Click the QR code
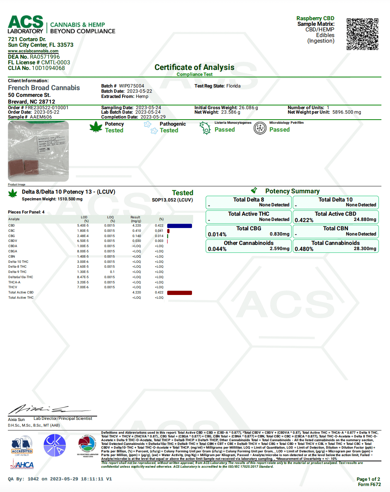click(x=362, y=34)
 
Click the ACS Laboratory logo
click(x=25, y=25)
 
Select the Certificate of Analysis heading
click(x=194, y=67)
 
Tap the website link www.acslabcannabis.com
click(x=33, y=51)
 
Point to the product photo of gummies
click(x=38, y=151)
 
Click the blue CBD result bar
click(x=179, y=226)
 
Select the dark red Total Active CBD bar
click(x=179, y=293)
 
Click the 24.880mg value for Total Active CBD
click(x=365, y=219)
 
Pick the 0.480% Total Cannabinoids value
click(x=304, y=249)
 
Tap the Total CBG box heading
click(x=248, y=228)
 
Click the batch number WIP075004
click(x=131, y=86)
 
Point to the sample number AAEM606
click(x=41, y=117)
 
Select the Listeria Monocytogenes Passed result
click(x=225, y=130)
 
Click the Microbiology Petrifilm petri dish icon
click(x=260, y=128)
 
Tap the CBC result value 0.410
click(x=137, y=231)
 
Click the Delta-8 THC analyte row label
click(x=18, y=267)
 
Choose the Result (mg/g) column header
click(x=135, y=219)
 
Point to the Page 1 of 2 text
click(x=368, y=479)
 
